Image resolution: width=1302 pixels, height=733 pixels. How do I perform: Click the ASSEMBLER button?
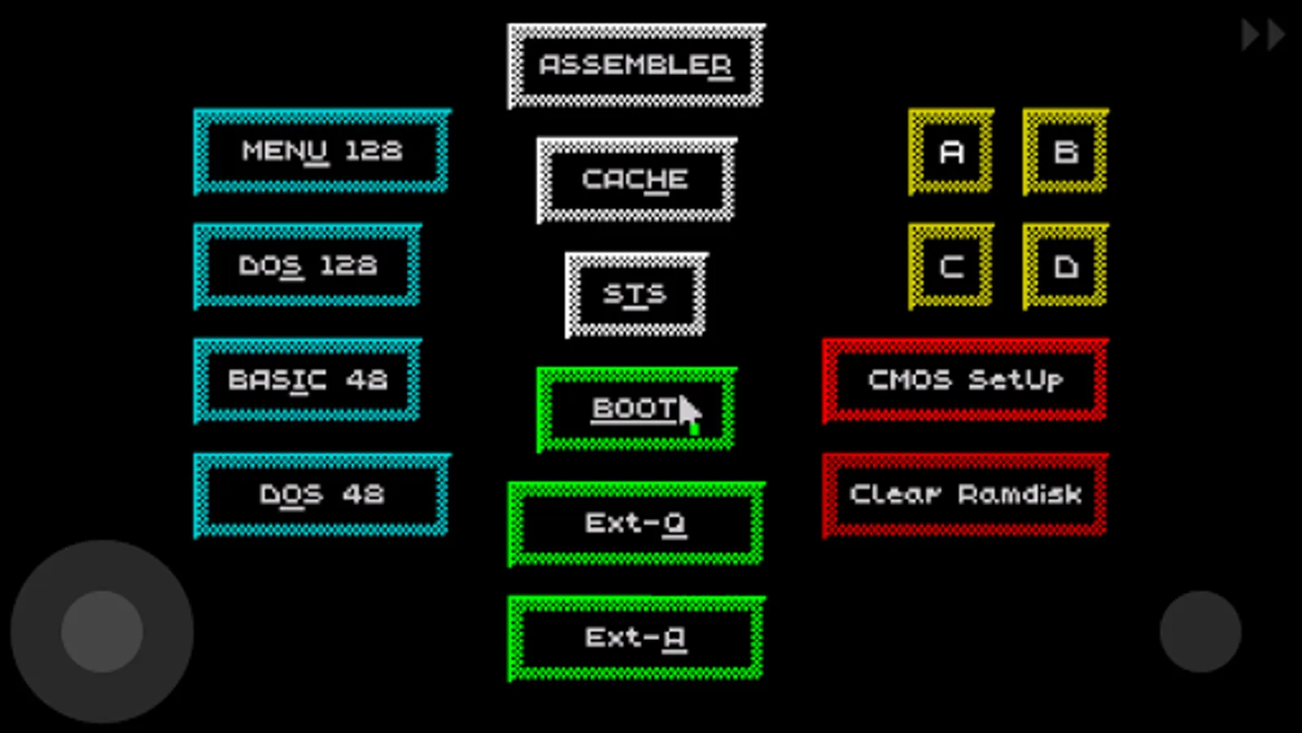pyautogui.click(x=636, y=65)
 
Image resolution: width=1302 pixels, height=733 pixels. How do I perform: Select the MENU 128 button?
pyautogui.click(x=321, y=151)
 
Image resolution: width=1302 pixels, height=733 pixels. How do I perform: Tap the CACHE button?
pyautogui.click(x=636, y=180)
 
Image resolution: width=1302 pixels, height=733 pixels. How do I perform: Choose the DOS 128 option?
pyautogui.click(x=307, y=266)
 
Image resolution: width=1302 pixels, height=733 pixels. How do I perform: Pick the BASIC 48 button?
pyautogui.click(x=307, y=380)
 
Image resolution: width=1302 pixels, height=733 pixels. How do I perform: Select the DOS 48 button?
pyautogui.click(x=321, y=495)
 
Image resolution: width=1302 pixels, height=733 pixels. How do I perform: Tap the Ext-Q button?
pyautogui.click(x=636, y=524)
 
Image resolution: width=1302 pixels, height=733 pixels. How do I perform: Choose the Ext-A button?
pyautogui.click(x=636, y=638)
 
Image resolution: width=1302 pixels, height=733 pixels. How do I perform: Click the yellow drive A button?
pyautogui.click(x=950, y=151)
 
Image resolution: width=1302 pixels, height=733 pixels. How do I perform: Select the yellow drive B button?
pyautogui.click(x=1065, y=151)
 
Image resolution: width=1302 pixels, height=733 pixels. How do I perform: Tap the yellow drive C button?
pyautogui.click(x=950, y=266)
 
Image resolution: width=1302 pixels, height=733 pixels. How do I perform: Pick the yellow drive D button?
pyautogui.click(x=1065, y=266)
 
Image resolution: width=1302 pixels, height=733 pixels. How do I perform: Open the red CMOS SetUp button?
pyautogui.click(x=964, y=380)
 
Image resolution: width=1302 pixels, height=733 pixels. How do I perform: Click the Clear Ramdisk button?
pyautogui.click(x=964, y=495)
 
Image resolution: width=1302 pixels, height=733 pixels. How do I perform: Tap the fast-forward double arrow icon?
pyautogui.click(x=1262, y=35)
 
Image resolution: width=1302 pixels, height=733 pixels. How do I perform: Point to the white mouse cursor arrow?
pyautogui.click(x=689, y=412)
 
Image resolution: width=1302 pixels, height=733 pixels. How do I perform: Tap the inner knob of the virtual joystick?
pyautogui.click(x=102, y=631)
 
